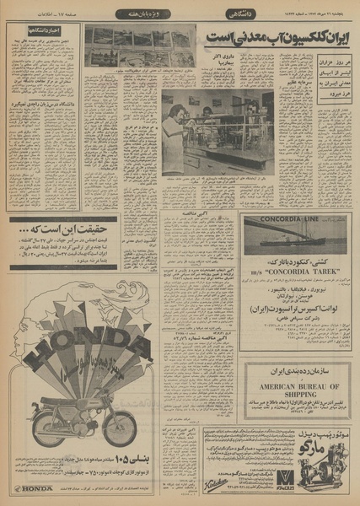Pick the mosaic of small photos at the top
tap(140, 46)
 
